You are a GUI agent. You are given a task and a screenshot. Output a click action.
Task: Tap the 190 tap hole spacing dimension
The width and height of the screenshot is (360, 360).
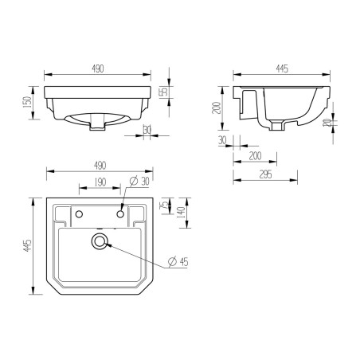[99, 182]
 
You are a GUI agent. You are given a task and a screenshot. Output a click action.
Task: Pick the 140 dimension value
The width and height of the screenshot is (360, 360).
[182, 212]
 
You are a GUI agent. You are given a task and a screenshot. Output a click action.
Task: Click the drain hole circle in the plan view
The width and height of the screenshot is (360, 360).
[100, 239]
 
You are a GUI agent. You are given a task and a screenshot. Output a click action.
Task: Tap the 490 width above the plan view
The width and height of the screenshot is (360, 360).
[99, 166]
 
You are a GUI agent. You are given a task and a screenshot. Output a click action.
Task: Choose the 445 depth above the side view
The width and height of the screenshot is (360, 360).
[280, 70]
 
